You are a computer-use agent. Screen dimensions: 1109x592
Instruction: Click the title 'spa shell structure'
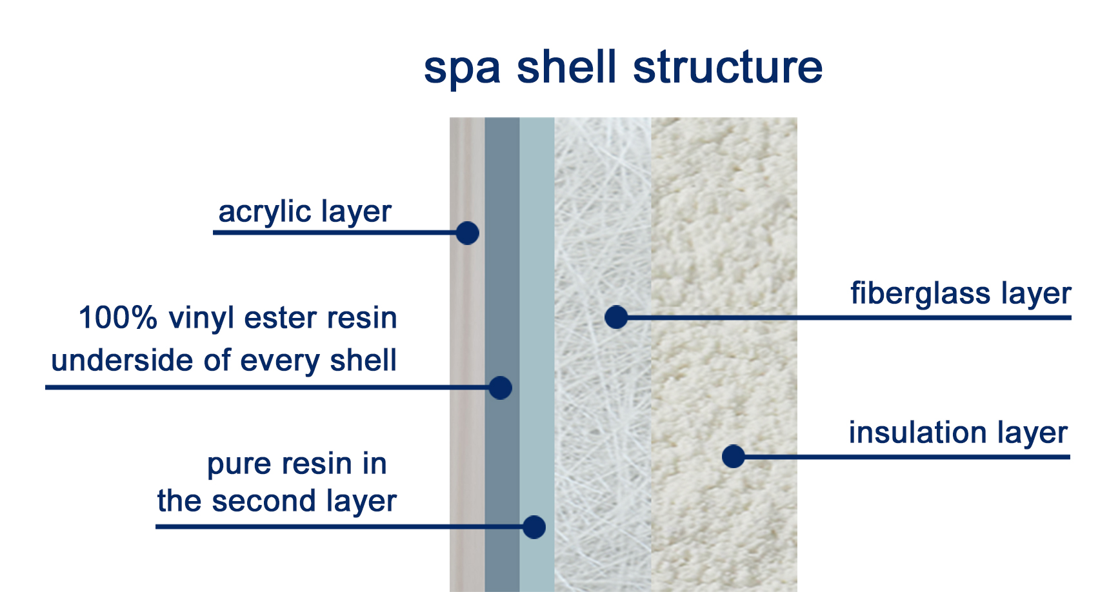[x=623, y=68]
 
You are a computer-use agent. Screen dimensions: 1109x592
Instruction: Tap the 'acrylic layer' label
[x=305, y=212]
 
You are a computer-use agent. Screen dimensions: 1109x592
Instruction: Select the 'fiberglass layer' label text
[x=961, y=294]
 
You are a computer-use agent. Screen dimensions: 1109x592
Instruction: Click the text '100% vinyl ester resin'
[x=237, y=319]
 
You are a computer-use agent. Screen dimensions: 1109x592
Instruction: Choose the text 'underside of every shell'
[x=224, y=360]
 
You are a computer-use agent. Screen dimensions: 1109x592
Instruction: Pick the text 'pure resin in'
[x=297, y=464]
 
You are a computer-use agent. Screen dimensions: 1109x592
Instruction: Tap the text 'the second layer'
[x=277, y=502]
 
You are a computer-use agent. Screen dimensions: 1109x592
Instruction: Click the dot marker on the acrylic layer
[x=467, y=233]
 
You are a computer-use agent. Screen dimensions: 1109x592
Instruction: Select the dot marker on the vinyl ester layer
[x=500, y=388]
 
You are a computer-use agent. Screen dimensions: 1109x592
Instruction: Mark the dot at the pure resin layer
[x=534, y=527]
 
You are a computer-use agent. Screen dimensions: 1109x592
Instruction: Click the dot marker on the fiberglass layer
[x=616, y=317]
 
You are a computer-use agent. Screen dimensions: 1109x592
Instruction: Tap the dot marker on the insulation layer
[x=733, y=457]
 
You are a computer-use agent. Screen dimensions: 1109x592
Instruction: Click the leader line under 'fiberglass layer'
[x=844, y=317]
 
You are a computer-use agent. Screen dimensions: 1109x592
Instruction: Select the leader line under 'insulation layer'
[x=901, y=457]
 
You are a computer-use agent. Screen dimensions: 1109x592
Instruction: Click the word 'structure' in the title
[x=728, y=68]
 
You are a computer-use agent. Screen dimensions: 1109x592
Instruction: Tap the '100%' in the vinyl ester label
[x=118, y=319]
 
